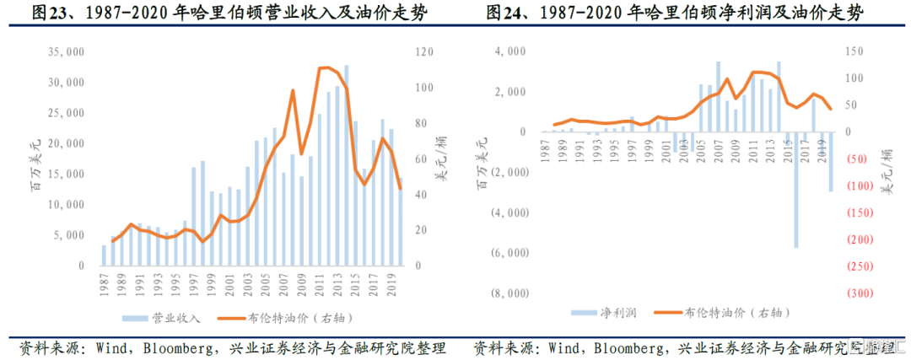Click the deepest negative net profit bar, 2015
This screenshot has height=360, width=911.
(795, 190)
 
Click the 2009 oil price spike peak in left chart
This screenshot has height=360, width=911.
(292, 90)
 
